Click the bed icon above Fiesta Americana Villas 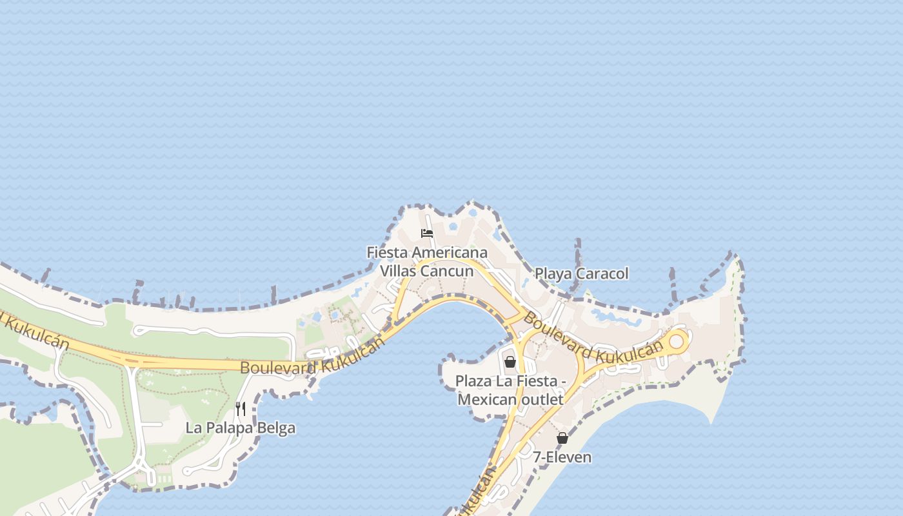coord(426,233)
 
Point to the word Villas coord(399,271)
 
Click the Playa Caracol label coord(581,273)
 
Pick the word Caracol coord(602,273)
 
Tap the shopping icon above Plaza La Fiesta coord(510,362)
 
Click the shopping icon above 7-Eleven coord(562,438)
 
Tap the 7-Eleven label coord(562,457)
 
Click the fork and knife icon coord(241,408)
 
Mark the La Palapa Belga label coord(241,428)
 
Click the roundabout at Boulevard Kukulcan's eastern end coord(677,341)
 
